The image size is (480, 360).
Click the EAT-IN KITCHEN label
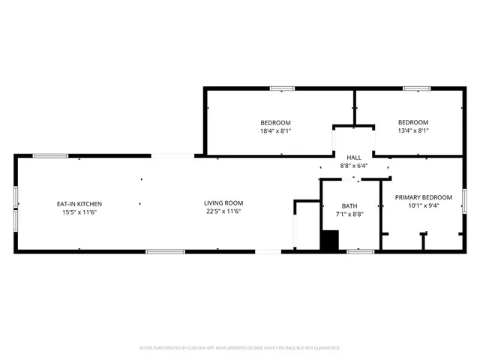tap(79, 204)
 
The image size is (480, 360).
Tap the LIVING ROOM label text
tap(224, 202)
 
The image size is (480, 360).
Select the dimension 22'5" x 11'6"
tap(224, 211)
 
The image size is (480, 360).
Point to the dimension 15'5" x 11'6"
tap(79, 212)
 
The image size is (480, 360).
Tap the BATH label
tap(349, 206)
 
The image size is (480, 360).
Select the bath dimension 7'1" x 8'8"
tap(349, 214)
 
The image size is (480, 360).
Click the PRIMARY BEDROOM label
tap(424, 197)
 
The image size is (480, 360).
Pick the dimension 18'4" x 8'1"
tap(275, 130)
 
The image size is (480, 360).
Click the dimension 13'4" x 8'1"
tap(412, 130)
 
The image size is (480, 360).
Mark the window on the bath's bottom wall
tap(360, 251)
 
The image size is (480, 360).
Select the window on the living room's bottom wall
tap(165, 251)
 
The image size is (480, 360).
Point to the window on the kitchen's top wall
tap(50, 156)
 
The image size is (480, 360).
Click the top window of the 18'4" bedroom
tap(282, 88)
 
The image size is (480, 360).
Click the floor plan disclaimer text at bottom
tap(240, 348)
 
